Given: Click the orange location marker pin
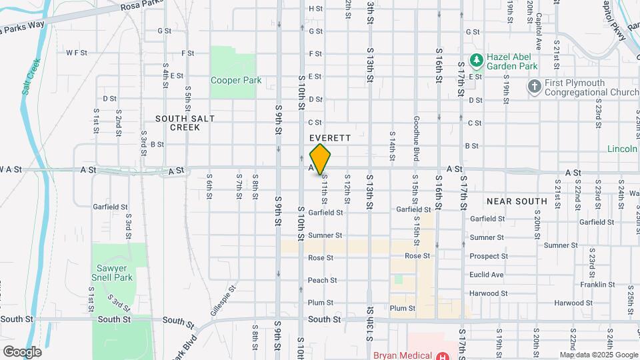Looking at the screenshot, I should pyautogui.click(x=321, y=159).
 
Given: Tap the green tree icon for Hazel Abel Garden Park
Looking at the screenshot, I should pyautogui.click(x=476, y=61).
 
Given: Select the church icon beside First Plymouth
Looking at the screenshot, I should pyautogui.click(x=534, y=86).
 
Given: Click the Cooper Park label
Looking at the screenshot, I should pyautogui.click(x=235, y=81).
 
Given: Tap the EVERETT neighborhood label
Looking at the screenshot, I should pyautogui.click(x=331, y=137).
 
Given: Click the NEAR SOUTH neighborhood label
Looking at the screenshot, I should pyautogui.click(x=517, y=201).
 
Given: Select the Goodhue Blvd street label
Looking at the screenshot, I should pyautogui.click(x=416, y=146).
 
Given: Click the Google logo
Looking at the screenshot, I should pyautogui.click(x=22, y=352).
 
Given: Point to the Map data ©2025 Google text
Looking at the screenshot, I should pyautogui.click(x=598, y=355).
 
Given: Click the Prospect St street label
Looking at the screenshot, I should pyautogui.click(x=488, y=256).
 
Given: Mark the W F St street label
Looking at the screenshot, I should pyautogui.click(x=77, y=53).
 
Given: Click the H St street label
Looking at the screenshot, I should pyautogui.click(x=315, y=9).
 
